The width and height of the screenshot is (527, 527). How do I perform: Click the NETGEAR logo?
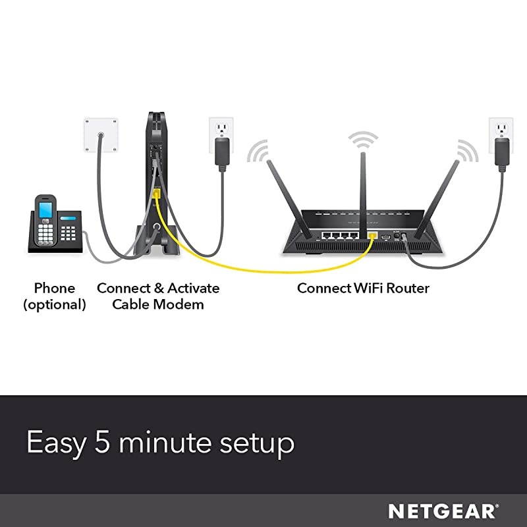(442, 511)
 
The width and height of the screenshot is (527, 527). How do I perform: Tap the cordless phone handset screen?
(45, 210)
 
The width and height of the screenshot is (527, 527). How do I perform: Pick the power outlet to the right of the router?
(501, 134)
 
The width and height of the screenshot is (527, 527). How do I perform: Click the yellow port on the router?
(372, 235)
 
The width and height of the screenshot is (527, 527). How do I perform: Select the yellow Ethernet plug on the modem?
(156, 194)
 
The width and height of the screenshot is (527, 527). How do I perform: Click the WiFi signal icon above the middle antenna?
(363, 140)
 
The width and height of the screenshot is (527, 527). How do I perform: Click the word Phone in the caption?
(55, 289)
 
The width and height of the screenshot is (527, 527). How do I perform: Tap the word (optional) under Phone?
(55, 304)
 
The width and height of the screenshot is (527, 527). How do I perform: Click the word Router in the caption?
(406, 289)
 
